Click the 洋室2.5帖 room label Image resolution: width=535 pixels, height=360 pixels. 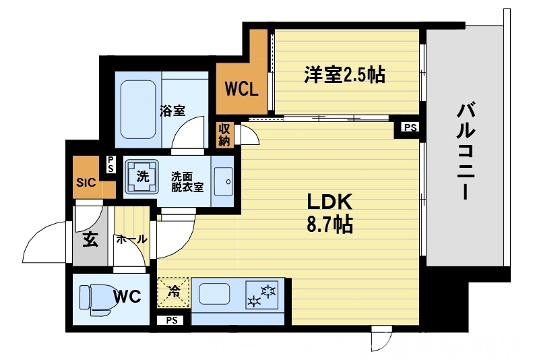pos(344,75)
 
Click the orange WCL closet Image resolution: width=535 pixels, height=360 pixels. pos(241,89)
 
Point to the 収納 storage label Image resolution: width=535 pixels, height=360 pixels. pos(224,135)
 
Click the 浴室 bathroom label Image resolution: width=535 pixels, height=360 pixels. pos(172,111)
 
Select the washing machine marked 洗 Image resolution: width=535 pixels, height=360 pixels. pos(142,177)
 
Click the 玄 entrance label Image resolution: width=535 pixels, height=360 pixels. pos(90,239)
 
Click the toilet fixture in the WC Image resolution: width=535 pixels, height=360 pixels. pos(95,299)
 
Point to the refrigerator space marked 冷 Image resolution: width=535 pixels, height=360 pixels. pos(174,293)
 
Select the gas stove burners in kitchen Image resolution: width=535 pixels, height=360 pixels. pos(262,296)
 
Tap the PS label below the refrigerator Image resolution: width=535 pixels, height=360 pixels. pos(171,321)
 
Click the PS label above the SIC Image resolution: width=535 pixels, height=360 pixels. pos(111,164)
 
